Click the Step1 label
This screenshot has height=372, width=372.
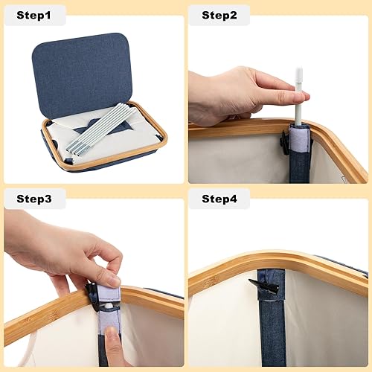34,15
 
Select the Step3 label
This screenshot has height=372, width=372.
34,199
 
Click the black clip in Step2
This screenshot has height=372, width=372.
285,144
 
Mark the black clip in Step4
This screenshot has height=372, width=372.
266,285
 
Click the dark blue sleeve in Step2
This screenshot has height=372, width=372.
300,167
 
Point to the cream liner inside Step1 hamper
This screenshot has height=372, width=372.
67,134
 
